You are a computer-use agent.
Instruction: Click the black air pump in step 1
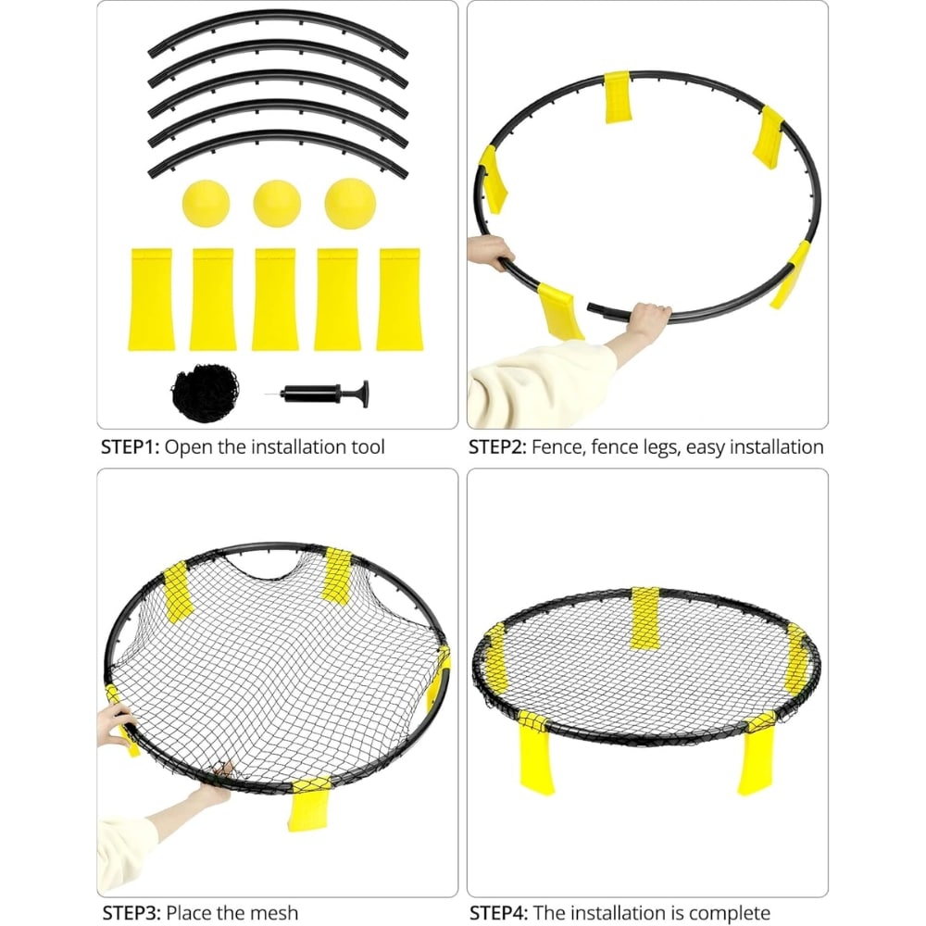323,394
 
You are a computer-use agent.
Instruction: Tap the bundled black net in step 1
206,393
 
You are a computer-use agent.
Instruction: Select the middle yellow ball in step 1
277,204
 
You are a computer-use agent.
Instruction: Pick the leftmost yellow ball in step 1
206,204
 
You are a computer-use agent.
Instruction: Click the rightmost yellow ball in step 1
350,204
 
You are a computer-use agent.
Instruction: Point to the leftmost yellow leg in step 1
151,299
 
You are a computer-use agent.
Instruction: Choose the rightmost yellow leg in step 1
400,299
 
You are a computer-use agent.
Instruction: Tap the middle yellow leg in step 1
275,299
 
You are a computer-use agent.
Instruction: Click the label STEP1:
131,447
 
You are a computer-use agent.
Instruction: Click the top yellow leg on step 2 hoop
618,97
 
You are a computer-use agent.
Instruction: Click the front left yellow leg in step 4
534,754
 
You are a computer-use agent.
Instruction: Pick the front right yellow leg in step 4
757,754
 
